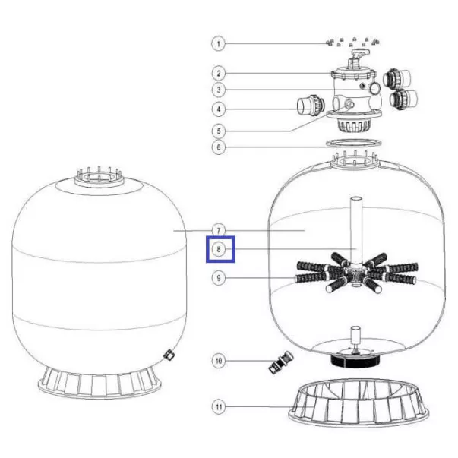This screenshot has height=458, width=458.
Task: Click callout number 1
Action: click(218, 44)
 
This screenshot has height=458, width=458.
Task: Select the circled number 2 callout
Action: click(218, 74)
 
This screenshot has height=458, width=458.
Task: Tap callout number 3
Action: click(218, 90)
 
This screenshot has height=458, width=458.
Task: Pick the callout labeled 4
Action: click(218, 109)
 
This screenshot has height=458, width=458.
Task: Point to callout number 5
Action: click(218, 131)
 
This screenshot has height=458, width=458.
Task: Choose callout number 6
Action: click(218, 147)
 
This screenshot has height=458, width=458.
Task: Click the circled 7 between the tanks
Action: click(218, 230)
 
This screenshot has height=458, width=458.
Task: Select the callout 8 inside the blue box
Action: click(218, 249)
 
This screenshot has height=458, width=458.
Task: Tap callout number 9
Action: click(218, 278)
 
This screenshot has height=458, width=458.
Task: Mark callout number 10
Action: click(218, 361)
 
